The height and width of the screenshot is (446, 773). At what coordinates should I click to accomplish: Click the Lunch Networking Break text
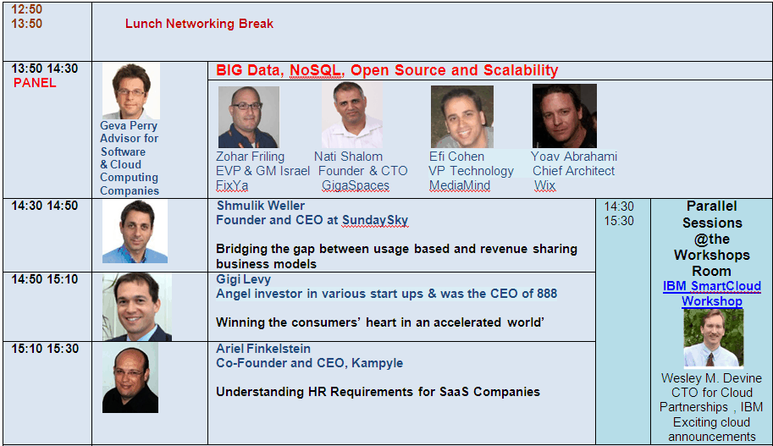click(x=199, y=24)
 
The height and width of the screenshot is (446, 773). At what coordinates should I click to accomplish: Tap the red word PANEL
click(x=35, y=83)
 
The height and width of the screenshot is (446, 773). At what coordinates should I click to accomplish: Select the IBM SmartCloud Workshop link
click(x=712, y=294)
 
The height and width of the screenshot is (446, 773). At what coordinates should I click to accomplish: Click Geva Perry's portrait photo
click(x=131, y=91)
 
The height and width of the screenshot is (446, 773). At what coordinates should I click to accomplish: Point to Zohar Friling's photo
click(x=248, y=117)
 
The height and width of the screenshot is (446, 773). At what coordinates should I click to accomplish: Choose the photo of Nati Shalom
click(x=351, y=115)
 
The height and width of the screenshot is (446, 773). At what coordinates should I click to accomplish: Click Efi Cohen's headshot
click(x=462, y=117)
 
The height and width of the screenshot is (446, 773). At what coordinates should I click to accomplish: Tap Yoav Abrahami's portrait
click(x=565, y=116)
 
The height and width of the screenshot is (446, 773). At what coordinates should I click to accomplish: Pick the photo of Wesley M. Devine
click(x=714, y=338)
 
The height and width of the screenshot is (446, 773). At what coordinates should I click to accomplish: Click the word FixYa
click(x=232, y=186)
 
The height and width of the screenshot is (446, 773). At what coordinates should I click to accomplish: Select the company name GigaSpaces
click(x=356, y=186)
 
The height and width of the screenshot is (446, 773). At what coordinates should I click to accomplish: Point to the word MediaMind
click(x=460, y=186)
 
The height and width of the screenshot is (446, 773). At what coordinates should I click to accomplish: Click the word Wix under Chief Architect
click(x=544, y=186)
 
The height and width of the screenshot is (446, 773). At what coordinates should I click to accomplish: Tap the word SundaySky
click(x=375, y=220)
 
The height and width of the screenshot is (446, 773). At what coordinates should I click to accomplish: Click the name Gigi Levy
click(x=244, y=279)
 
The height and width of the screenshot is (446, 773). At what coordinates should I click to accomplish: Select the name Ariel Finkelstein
click(x=263, y=349)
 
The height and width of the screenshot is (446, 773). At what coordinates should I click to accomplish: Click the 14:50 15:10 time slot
click(x=45, y=279)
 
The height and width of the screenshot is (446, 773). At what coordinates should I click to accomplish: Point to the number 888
click(x=547, y=294)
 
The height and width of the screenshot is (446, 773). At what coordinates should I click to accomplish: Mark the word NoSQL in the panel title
click(x=316, y=70)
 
